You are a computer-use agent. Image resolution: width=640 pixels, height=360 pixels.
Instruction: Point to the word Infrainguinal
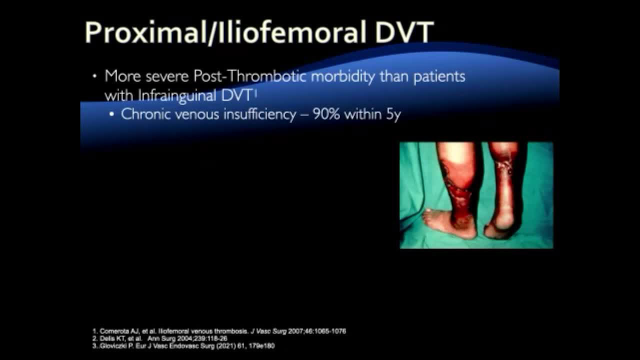click(x=177, y=95)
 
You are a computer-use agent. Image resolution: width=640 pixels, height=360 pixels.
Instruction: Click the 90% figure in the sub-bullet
click(x=326, y=114)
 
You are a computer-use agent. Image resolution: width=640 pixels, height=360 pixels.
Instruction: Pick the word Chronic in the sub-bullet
click(x=145, y=114)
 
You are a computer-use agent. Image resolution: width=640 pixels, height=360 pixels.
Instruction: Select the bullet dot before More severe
click(x=95, y=76)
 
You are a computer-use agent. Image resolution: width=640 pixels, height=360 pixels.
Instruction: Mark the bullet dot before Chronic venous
click(x=111, y=114)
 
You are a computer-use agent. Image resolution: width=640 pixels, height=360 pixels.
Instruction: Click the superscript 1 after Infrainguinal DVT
click(x=255, y=93)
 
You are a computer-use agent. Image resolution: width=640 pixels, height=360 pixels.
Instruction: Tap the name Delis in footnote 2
click(x=106, y=338)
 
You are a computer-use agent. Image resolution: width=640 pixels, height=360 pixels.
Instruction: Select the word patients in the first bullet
click(x=439, y=77)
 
